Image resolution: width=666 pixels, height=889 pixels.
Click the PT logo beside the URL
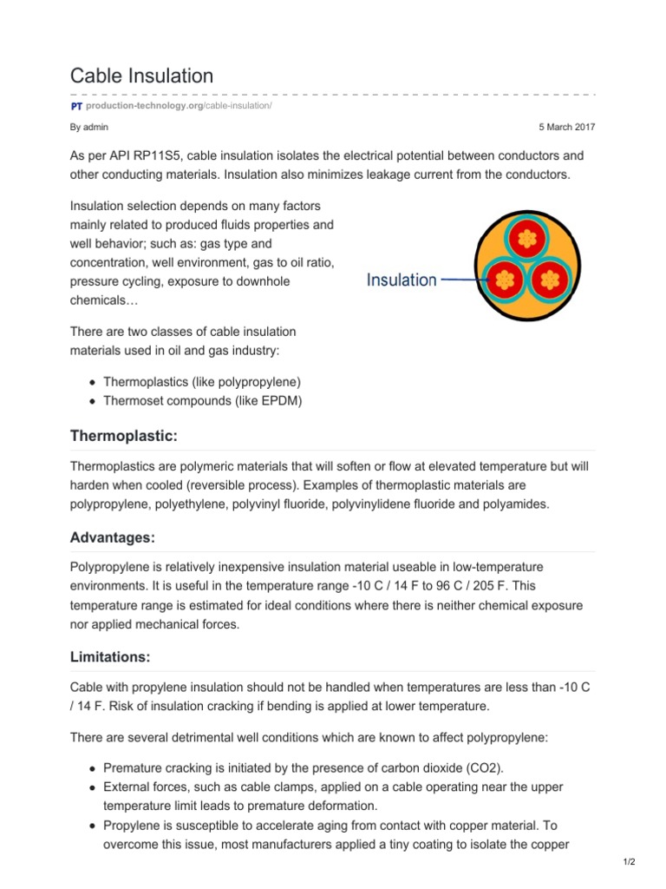[x=76, y=106]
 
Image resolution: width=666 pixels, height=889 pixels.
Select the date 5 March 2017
[x=567, y=127]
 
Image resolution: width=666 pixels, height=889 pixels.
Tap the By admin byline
[x=89, y=127]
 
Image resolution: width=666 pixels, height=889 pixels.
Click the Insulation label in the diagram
[x=401, y=280]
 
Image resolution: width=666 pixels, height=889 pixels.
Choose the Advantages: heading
[x=112, y=537]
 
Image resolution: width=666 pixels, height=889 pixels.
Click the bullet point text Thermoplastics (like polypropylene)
[x=202, y=382]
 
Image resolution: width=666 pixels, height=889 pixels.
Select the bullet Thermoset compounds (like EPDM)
[x=202, y=400]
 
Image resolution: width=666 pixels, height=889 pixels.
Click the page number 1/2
[x=629, y=868]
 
